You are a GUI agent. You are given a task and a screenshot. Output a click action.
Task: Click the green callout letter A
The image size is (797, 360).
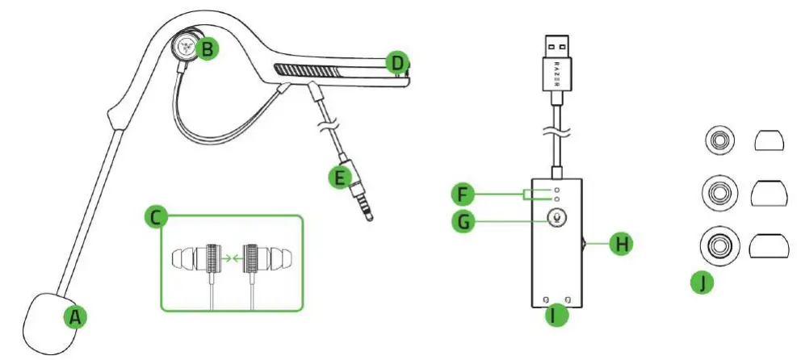click(76, 317)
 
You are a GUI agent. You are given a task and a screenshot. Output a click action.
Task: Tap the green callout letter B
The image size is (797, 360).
click(208, 49)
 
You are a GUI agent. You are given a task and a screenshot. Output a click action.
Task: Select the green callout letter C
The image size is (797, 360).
click(156, 216)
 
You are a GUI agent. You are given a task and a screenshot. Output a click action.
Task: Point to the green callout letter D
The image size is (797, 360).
click(396, 62)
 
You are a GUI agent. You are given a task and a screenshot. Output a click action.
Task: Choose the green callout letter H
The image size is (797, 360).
click(619, 244)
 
